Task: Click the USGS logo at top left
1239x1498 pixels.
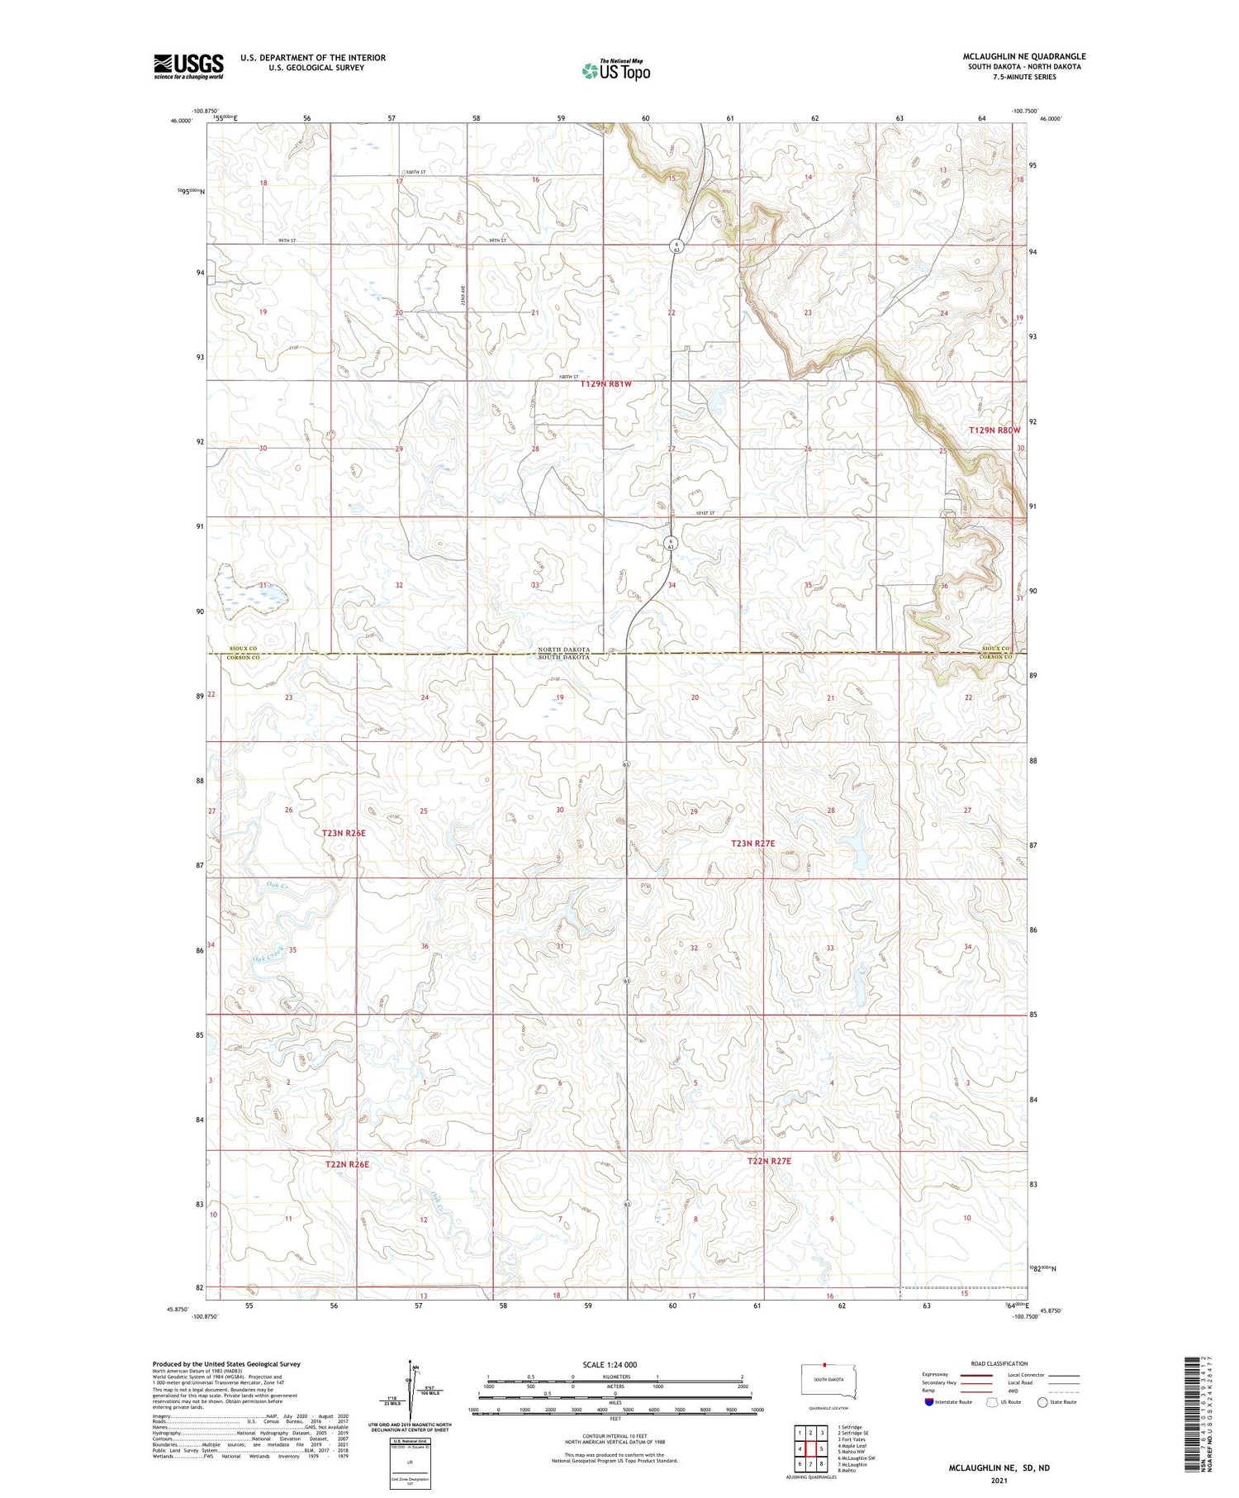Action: click(x=188, y=66)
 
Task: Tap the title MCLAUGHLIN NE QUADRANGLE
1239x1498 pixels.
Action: click(x=1023, y=56)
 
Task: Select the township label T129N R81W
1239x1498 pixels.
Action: click(x=605, y=384)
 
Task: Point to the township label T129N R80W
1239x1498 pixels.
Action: click(x=995, y=430)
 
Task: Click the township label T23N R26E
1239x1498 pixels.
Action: click(x=344, y=834)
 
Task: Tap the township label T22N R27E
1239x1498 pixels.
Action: click(x=769, y=1161)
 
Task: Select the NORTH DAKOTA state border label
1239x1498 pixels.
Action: click(x=563, y=649)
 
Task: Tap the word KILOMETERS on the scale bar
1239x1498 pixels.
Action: click(x=615, y=1377)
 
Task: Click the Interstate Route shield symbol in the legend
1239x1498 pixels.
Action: click(x=929, y=1402)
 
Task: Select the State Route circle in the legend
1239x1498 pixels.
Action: click(x=1042, y=1402)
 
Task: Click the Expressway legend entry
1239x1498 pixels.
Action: click(x=938, y=1375)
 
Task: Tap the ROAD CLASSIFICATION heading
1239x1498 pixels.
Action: click(x=999, y=1363)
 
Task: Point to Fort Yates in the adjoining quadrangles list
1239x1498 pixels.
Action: click(x=852, y=1439)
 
